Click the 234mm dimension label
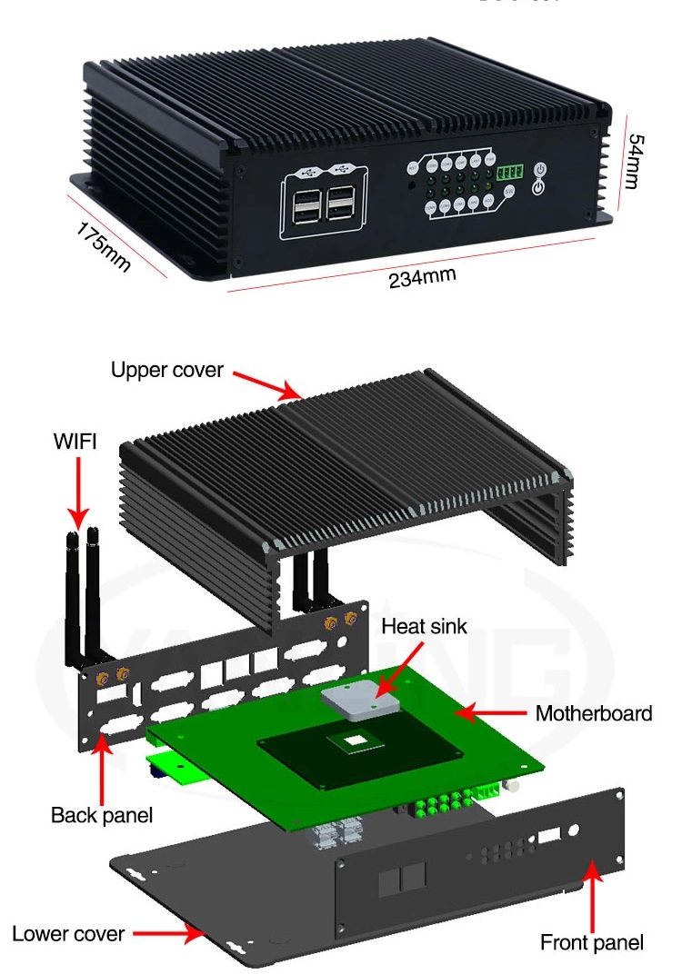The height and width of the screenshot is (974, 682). [x=422, y=277]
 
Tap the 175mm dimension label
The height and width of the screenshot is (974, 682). [x=103, y=243]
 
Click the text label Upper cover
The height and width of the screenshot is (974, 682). [x=166, y=371]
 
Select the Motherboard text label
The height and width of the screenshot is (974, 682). [x=593, y=713]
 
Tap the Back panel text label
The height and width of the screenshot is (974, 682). [x=102, y=815]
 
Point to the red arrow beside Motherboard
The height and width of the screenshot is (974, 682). [x=491, y=713]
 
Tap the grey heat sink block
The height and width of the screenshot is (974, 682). [x=359, y=700]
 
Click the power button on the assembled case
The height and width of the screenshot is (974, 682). [x=539, y=177]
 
